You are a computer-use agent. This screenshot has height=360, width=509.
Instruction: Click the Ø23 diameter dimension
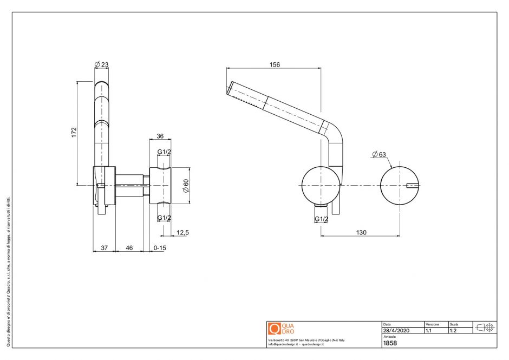[x=102, y=65]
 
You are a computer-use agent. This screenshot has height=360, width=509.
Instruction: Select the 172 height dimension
[x=74, y=133]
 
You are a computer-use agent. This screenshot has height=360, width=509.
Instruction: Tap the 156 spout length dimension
[x=275, y=64]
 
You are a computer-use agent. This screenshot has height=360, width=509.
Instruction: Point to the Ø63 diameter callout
[x=380, y=154]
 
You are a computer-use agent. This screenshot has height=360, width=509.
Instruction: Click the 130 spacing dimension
[x=361, y=232]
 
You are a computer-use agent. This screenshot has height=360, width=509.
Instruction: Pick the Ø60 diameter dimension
[x=185, y=186]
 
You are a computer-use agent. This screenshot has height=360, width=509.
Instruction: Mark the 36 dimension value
[x=160, y=136]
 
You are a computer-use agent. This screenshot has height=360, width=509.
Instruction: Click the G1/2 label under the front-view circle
[x=321, y=219]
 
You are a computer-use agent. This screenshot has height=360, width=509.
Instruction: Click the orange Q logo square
[x=274, y=329]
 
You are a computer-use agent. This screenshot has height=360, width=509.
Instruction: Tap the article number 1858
[x=390, y=343]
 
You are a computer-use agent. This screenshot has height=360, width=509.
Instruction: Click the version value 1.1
[x=428, y=330]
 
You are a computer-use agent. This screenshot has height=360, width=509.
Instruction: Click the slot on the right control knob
[x=413, y=186]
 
